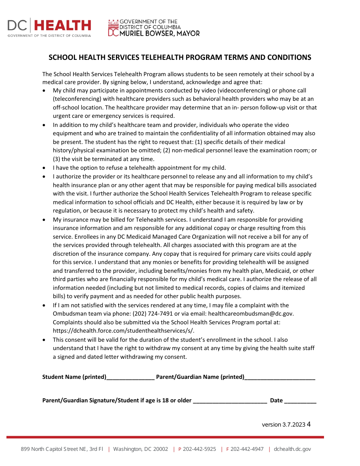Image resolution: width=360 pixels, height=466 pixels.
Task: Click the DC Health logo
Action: (49, 27)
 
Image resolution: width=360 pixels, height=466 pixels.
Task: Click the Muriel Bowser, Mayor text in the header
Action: (160, 33)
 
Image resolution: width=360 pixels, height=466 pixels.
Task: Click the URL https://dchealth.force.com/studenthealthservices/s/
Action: (124, 331)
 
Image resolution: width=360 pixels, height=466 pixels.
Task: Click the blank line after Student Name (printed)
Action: (130, 377)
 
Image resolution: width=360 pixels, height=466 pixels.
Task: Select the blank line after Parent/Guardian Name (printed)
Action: (280, 377)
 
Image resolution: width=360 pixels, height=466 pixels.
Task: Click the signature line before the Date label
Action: (230, 401)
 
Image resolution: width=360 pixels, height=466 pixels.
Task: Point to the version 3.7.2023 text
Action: (283, 425)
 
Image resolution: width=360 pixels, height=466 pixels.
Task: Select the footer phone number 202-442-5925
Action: (199, 449)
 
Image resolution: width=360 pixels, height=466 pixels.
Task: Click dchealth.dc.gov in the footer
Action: (292, 449)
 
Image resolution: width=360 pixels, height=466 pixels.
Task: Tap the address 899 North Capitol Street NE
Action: (62, 449)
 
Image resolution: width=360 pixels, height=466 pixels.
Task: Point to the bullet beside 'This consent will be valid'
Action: (45, 340)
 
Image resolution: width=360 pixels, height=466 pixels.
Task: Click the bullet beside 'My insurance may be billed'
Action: (45, 220)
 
